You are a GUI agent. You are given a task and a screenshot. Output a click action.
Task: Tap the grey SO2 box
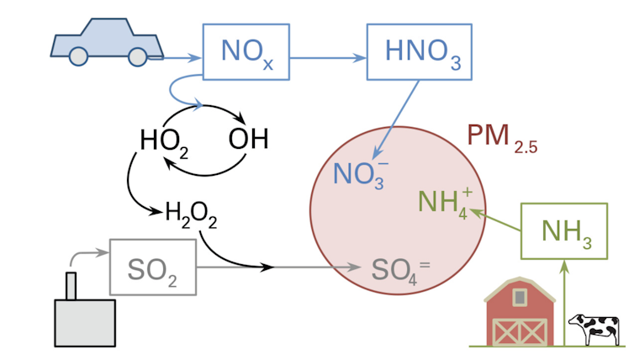(x=153, y=267)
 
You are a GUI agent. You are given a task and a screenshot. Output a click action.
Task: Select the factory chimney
(x=71, y=285)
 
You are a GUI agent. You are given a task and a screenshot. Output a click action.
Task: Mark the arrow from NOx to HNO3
(x=329, y=57)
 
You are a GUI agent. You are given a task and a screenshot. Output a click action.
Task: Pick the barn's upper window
(x=519, y=297)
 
